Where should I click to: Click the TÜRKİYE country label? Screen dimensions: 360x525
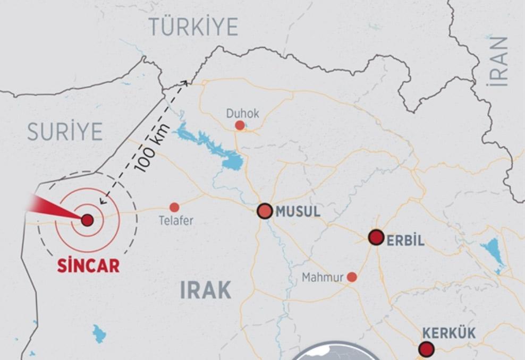coord(193,27)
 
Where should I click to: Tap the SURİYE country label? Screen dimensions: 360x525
coord(65,131)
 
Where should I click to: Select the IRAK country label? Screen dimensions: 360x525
coord(206,290)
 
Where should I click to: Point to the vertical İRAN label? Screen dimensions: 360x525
coord(500,61)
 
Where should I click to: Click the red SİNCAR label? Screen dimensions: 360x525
coord(88,266)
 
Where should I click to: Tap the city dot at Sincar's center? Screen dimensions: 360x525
coord(87,220)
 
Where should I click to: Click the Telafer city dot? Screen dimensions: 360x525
coord(174,208)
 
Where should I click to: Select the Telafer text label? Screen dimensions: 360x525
coord(176,221)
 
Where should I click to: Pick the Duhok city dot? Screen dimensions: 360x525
coord(240,125)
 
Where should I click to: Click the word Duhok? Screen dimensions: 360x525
coord(243,113)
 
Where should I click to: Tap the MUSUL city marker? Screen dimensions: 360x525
coord(265,211)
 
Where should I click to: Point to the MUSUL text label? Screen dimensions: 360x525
coord(298,212)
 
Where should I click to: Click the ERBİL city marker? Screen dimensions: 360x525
coord(376,237)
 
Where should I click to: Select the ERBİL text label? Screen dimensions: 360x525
coord(405,240)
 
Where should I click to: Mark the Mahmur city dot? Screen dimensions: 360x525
coord(352,277)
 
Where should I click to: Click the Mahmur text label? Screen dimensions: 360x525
coord(323,278)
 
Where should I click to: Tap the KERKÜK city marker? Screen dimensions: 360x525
coord(426,349)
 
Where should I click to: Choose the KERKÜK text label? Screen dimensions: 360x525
coord(449,333)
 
